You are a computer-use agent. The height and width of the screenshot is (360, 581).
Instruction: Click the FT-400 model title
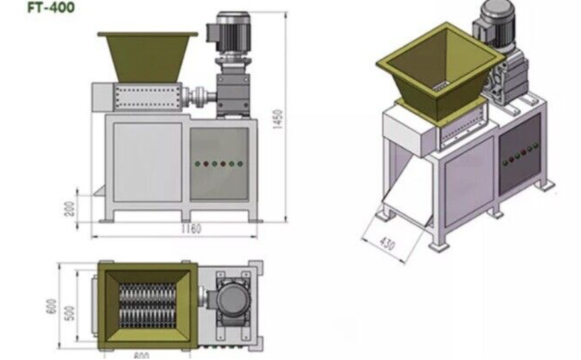51,7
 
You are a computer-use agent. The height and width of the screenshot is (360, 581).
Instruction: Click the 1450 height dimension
278,120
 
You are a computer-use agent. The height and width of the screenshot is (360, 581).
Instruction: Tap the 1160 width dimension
191,228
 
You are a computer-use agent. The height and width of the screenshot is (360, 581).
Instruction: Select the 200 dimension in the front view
70,209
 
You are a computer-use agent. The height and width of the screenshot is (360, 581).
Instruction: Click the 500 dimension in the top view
70,313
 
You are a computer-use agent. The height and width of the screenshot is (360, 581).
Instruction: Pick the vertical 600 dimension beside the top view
52,306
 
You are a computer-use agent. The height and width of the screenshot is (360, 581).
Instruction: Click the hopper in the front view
147,57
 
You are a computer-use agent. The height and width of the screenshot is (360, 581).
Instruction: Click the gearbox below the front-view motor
232,91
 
